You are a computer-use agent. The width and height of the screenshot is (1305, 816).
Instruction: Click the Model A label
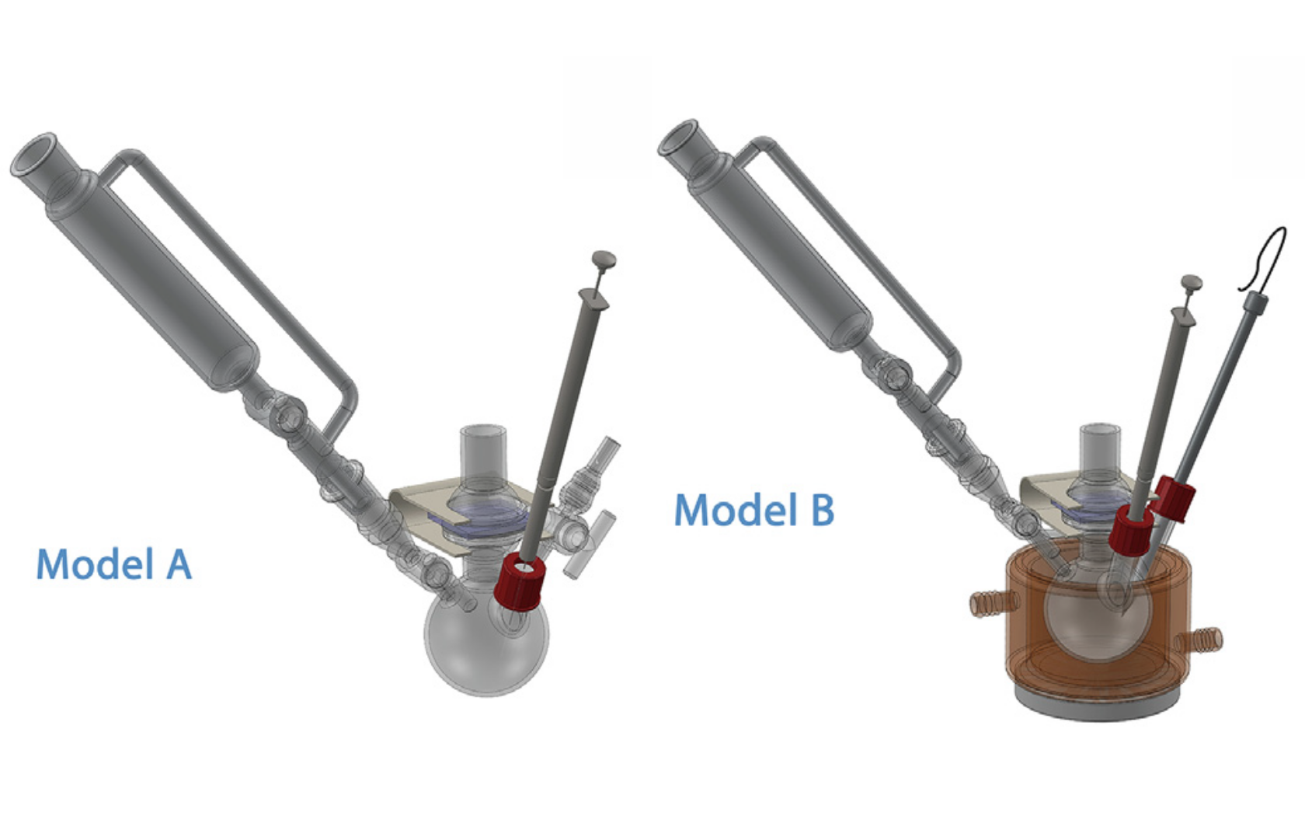[x=113, y=563]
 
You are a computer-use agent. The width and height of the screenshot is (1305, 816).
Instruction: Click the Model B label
[x=753, y=511]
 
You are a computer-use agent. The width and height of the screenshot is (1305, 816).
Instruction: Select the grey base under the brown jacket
[x=1095, y=707]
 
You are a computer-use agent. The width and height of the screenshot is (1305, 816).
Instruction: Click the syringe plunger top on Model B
[x=1191, y=283]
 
